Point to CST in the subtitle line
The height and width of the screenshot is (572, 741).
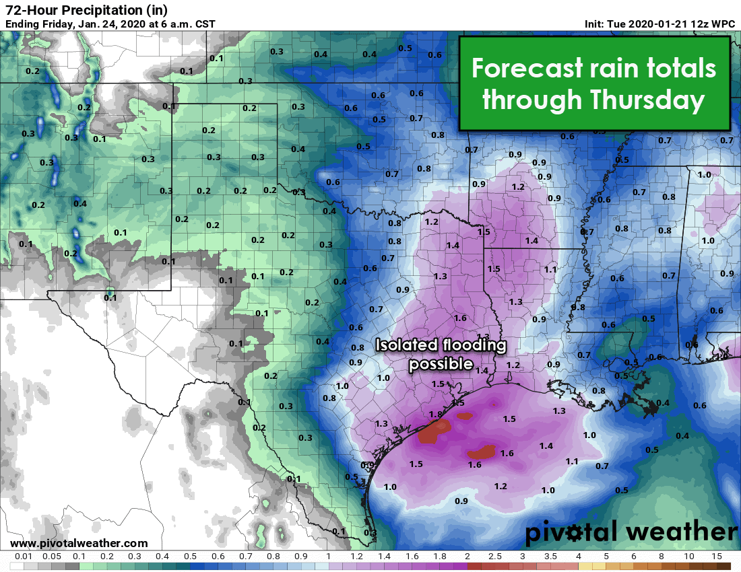tap(205, 24)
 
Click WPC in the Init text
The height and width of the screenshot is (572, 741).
tap(724, 24)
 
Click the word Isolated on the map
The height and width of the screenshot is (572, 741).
tap(406, 346)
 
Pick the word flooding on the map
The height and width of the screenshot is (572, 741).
tap(472, 346)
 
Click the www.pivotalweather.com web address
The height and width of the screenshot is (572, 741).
tap(79, 543)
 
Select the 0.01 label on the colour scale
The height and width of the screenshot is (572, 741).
tap(24, 557)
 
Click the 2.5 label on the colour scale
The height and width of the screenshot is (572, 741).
tap(495, 557)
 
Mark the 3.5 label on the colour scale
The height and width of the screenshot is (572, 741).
tap(550, 557)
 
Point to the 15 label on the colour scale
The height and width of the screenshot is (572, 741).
tap(717, 557)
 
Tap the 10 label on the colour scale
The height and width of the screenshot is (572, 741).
tap(689, 557)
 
